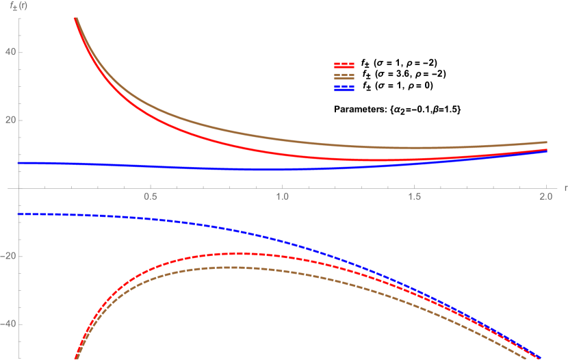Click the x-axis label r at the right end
click(565, 187)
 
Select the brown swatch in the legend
click(344, 77)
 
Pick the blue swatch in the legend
click(344, 88)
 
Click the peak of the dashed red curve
click(237, 253)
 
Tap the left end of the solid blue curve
click(18, 162)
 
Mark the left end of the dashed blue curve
click(18, 214)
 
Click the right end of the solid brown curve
click(546, 142)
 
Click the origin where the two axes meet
click(18, 188)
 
